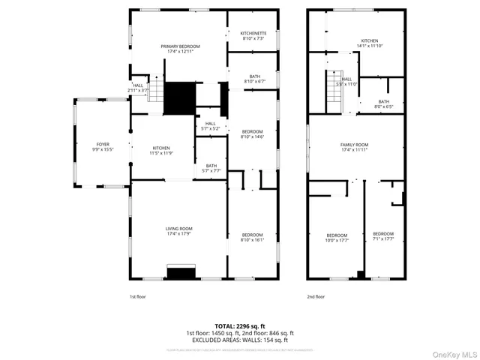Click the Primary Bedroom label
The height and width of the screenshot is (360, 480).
click(x=180, y=49)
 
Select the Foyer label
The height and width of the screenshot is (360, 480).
click(x=102, y=147)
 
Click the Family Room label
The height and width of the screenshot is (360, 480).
click(x=355, y=147)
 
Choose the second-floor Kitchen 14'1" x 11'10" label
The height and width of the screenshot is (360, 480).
click(x=370, y=43)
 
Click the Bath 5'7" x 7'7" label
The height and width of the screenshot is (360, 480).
click(x=211, y=169)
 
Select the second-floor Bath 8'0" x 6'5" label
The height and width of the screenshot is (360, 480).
click(x=383, y=104)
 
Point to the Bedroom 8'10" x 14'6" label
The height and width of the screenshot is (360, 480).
click(x=252, y=133)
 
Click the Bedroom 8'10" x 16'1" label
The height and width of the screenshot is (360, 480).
click(x=252, y=237)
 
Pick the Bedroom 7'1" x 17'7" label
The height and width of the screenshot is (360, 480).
click(x=383, y=237)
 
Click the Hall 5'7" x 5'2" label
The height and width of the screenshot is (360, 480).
click(x=211, y=126)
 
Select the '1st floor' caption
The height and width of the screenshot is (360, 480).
click(x=138, y=297)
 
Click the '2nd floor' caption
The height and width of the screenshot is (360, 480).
click(x=316, y=297)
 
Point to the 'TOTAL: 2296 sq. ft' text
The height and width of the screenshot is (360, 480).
click(x=239, y=326)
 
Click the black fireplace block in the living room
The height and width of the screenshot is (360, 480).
click(x=181, y=272)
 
